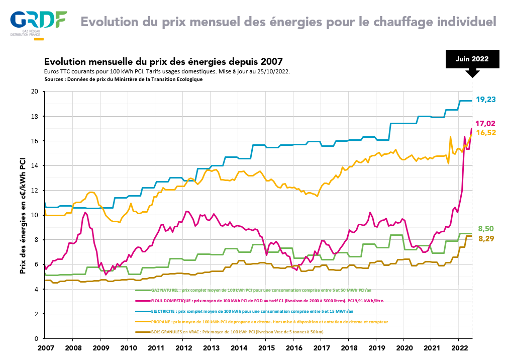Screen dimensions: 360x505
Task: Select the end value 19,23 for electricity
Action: (486, 100)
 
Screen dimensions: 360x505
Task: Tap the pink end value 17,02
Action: (486, 123)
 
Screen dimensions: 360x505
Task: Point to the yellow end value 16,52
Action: (486, 133)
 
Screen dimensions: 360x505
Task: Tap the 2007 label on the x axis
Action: (45, 348)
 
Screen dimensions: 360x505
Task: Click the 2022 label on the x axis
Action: (459, 348)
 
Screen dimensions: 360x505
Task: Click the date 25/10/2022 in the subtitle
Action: (272, 71)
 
